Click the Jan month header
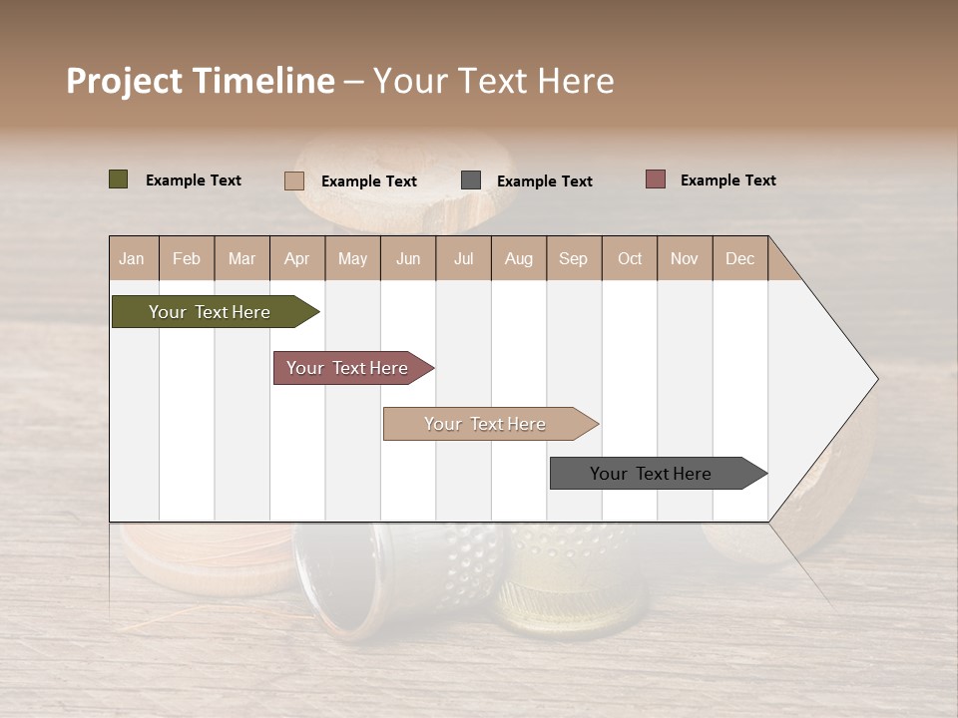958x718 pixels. click(x=132, y=259)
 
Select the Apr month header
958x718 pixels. click(x=296, y=259)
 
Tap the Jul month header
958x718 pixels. click(x=463, y=259)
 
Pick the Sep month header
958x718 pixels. click(x=573, y=259)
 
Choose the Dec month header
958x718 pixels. click(x=739, y=259)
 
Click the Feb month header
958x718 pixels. click(x=187, y=259)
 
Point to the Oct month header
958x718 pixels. click(x=630, y=259)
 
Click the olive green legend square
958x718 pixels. click(x=119, y=179)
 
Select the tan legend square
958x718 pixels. click(x=294, y=180)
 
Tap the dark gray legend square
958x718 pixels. click(x=471, y=180)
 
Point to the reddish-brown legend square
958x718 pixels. click(x=656, y=179)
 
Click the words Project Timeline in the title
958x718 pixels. click(x=200, y=81)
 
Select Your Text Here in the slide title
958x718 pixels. click(x=493, y=81)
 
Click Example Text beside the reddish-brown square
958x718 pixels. click(x=727, y=180)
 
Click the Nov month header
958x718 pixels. click(x=685, y=259)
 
